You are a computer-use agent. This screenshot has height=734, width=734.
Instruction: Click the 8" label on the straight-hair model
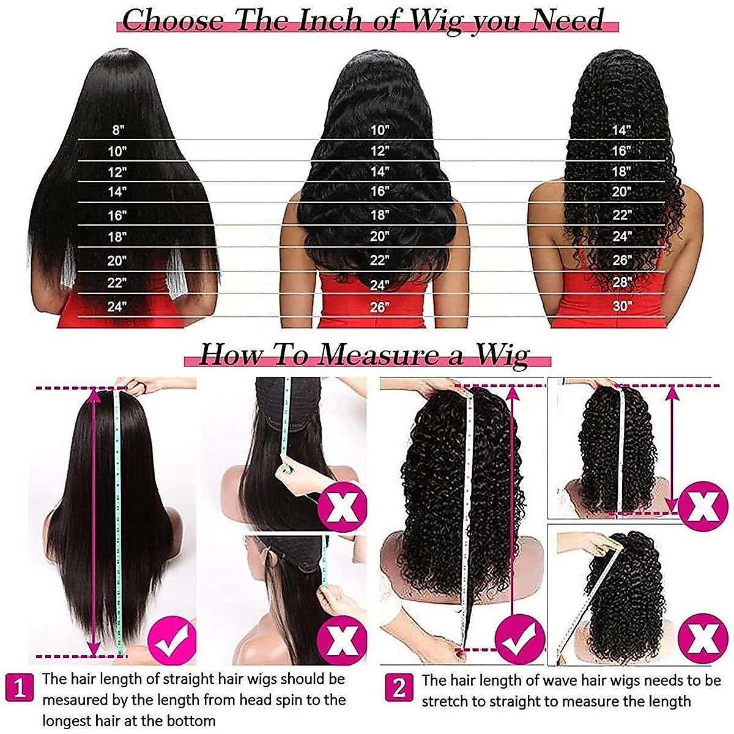pyautogui.click(x=117, y=130)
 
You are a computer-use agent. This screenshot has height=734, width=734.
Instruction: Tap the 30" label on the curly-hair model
pyautogui.click(x=621, y=305)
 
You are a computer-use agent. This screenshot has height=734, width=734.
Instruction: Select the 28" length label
pyautogui.click(x=621, y=283)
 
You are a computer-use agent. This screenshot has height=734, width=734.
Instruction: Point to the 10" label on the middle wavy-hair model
pyautogui.click(x=379, y=130)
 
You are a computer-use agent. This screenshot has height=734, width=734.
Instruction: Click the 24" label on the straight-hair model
pyautogui.click(x=116, y=306)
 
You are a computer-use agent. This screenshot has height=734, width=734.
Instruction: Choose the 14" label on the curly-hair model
pyautogui.click(x=621, y=130)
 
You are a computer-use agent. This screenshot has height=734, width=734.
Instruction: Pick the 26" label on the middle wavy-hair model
pyautogui.click(x=379, y=306)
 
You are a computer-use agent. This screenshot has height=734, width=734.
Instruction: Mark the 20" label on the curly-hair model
pyautogui.click(x=621, y=191)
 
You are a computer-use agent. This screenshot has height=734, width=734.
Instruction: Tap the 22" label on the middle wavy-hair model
pyautogui.click(x=379, y=260)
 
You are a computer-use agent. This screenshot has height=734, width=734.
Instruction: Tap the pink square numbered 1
pyautogui.click(x=20, y=688)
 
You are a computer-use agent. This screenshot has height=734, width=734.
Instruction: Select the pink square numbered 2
pyautogui.click(x=399, y=688)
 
